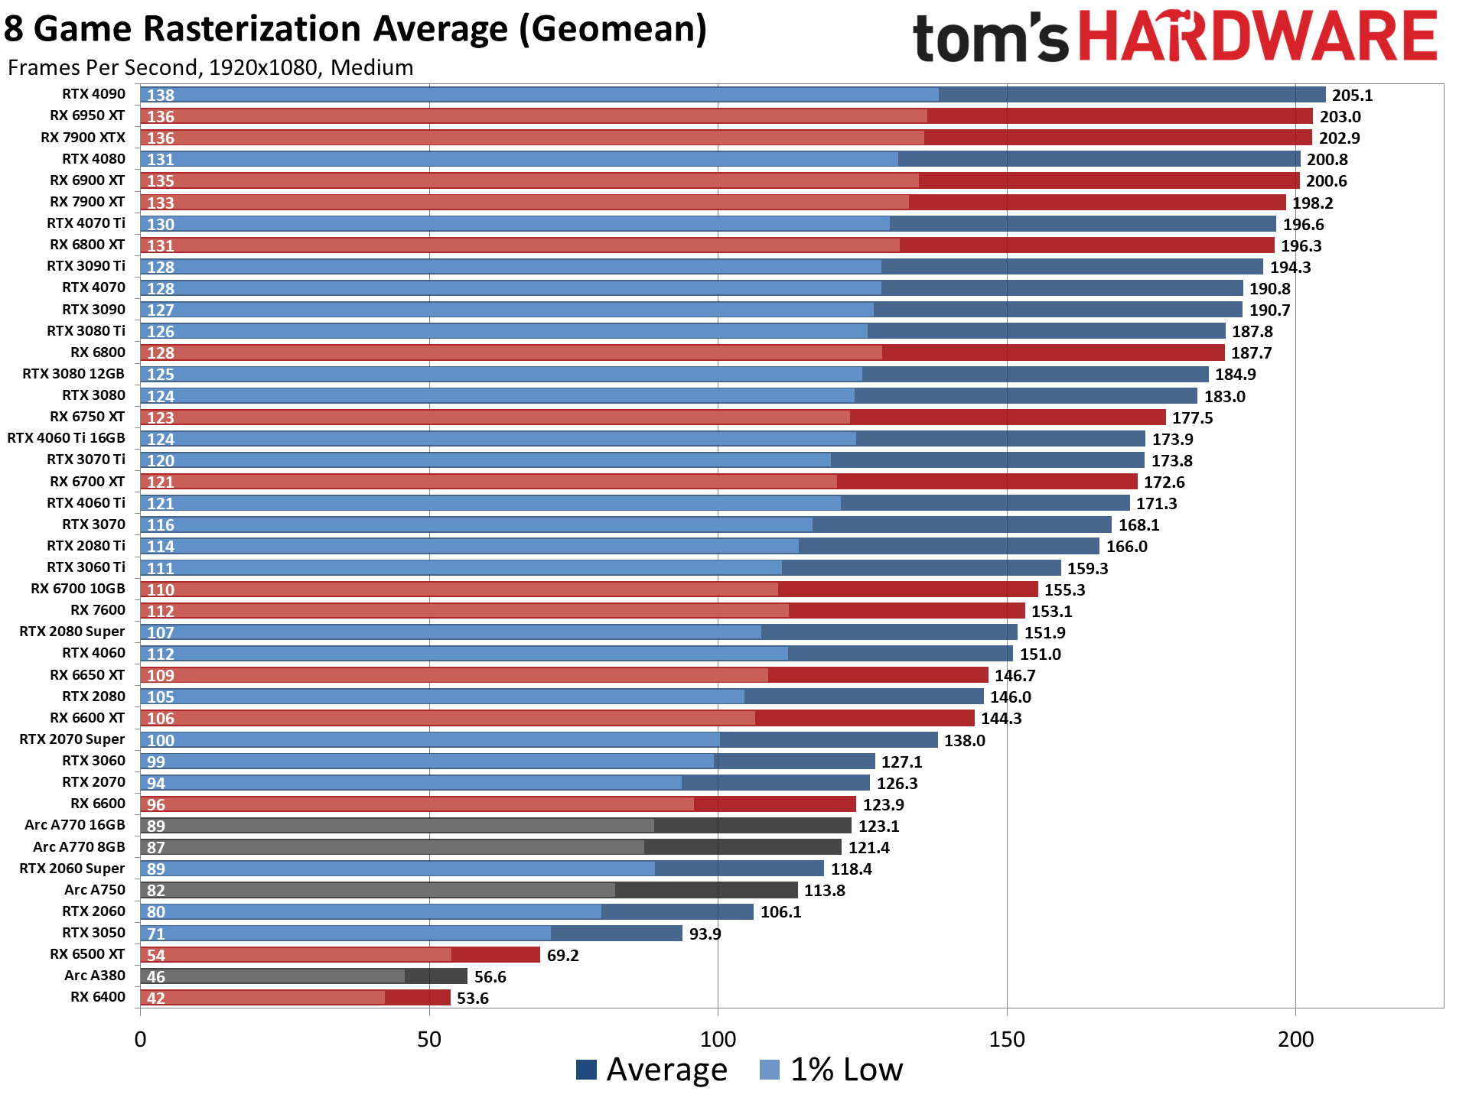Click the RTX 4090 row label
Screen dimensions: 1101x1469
pos(93,94)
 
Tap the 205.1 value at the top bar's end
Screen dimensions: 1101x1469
pos(1352,96)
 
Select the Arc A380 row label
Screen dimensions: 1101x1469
pos(94,976)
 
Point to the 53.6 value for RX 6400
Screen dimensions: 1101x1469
pos(472,999)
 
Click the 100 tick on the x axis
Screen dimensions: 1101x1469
pos(718,1040)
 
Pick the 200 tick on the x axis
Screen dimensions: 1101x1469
pos(1295,1040)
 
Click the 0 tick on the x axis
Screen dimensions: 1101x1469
pos(140,1040)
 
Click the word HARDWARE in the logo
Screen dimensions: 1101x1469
pos(1259,37)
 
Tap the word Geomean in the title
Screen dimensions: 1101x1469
pos(612,29)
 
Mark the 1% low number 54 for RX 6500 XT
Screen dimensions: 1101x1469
pos(156,955)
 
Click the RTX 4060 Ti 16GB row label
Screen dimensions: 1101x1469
pos(66,438)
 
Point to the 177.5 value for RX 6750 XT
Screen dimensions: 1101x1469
pos(1192,418)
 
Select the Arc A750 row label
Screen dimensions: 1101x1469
pos(94,890)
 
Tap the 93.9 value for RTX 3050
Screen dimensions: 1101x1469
pos(705,934)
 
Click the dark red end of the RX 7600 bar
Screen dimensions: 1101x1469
pos(907,611)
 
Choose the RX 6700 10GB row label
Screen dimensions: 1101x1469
pos(77,589)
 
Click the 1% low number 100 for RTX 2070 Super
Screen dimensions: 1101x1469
pos(161,740)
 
